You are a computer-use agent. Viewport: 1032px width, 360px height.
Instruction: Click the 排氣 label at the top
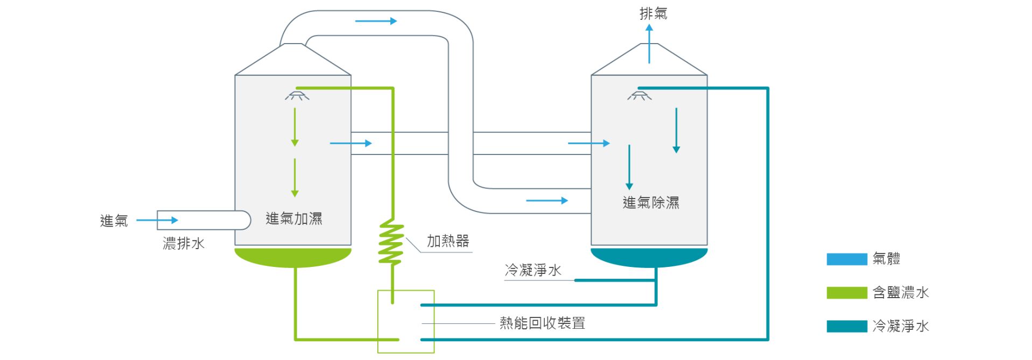pyautogui.click(x=653, y=13)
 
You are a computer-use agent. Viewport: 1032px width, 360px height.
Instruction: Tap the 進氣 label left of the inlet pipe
pyautogui.click(x=114, y=221)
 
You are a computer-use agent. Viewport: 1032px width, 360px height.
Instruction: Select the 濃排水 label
pyautogui.click(x=184, y=243)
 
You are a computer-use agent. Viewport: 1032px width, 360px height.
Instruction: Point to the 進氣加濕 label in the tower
pyautogui.click(x=294, y=218)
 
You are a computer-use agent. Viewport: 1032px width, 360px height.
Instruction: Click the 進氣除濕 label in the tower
pyautogui.click(x=651, y=203)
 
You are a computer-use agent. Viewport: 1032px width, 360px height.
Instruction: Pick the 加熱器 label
pyautogui.click(x=448, y=241)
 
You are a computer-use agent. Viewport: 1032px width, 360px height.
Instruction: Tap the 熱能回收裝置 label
pyautogui.click(x=542, y=323)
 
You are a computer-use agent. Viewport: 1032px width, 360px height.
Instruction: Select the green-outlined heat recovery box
pyautogui.click(x=406, y=321)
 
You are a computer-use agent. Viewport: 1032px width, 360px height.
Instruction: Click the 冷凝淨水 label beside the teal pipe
pyautogui.click(x=533, y=270)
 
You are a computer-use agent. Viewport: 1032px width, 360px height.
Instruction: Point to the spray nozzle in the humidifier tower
pyautogui.click(x=297, y=96)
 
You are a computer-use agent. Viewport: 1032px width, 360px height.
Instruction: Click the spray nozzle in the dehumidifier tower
pyautogui.click(x=639, y=96)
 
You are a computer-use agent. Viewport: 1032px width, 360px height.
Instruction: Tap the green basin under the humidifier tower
pyautogui.click(x=293, y=257)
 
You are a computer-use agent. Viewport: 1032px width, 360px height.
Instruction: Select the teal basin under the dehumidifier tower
pyautogui.click(x=649, y=257)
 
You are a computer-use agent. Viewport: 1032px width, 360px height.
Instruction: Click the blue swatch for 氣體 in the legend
pyautogui.click(x=846, y=259)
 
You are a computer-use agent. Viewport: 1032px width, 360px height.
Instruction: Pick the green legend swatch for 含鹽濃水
pyautogui.click(x=846, y=293)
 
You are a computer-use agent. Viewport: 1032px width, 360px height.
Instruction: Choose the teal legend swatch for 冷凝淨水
pyautogui.click(x=846, y=326)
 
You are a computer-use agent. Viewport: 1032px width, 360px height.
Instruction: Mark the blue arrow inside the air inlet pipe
pyautogui.click(x=157, y=220)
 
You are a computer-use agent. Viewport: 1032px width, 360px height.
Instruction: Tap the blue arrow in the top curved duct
pyautogui.click(x=376, y=21)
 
